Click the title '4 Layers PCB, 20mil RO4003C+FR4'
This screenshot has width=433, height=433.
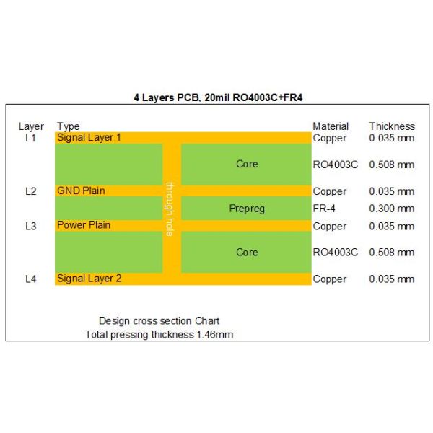coord(216,97)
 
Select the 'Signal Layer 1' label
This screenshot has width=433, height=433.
coord(89,137)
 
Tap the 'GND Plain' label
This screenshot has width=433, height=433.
coord(81,191)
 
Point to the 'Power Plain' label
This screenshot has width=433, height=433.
coord(84,225)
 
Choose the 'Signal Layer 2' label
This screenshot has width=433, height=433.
coord(89,279)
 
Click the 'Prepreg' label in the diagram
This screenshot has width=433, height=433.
coord(247,209)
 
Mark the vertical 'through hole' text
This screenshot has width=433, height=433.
coord(170,209)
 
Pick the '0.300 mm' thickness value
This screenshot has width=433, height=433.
coord(392,209)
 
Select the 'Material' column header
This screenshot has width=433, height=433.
coord(331,126)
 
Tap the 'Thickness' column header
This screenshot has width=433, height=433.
coord(392,126)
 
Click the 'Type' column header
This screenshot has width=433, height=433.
coord(68,126)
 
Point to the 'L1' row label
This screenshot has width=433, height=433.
coord(30,137)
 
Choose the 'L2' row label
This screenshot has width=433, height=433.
coord(30,191)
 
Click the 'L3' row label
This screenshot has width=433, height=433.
coord(30,226)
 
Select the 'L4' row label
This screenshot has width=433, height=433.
coord(30,279)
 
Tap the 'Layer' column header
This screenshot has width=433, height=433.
coord(31,126)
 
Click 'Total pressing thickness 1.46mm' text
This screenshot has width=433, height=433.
coord(159,334)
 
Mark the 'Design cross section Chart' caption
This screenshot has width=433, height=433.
coord(159,320)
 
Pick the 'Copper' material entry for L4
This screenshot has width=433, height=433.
coord(330,279)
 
